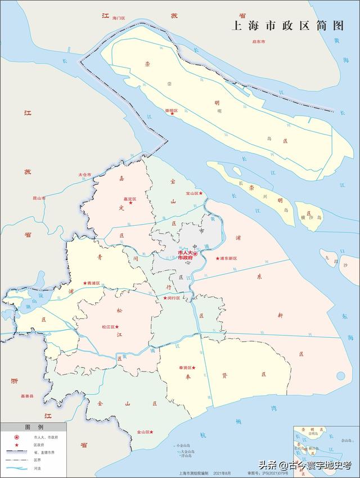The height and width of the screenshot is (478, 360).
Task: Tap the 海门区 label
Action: (118, 19)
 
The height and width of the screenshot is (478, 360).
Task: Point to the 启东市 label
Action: (259, 42)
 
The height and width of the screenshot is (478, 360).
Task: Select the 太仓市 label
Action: (84, 175)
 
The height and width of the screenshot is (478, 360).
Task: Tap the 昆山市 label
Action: (39, 198)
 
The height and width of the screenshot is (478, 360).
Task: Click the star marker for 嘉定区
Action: (131, 203)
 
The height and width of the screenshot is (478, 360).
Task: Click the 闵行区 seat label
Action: (173, 298)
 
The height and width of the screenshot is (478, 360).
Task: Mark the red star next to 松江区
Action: (117, 327)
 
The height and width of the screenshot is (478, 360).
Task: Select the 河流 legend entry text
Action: (38, 468)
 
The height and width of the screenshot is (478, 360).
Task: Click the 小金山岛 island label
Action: (183, 446)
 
